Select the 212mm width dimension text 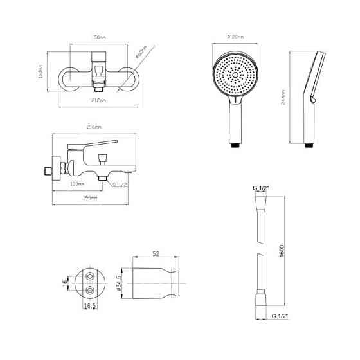(98, 101)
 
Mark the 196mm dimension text (90, 198)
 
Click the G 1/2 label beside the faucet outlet (121, 184)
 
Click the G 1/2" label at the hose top (260, 187)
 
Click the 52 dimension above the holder (156, 253)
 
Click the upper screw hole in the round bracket (90, 275)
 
